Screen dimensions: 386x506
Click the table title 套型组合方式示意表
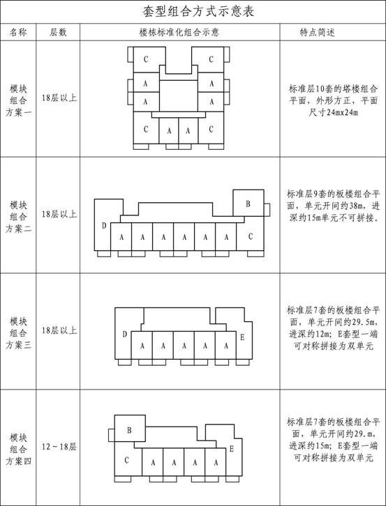[198, 12]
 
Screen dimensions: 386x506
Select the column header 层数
[58, 32]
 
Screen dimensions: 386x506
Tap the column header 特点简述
[317, 32]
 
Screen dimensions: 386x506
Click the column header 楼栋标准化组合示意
[179, 32]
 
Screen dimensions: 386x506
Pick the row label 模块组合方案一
[18, 100]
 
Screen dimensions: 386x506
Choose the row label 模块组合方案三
[18, 332]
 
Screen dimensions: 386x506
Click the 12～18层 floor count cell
[59, 447]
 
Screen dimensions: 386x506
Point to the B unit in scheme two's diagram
[248, 203]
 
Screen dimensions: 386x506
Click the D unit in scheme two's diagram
[103, 225]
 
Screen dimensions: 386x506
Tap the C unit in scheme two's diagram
[250, 236]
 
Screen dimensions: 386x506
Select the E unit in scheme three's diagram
[242, 337]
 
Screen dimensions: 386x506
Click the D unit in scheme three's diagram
[124, 335]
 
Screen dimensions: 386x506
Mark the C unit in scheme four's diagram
[127, 459]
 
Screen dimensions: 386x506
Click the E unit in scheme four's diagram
[232, 449]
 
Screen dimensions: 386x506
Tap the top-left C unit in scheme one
[146, 59]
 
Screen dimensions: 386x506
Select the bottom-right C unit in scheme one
[211, 129]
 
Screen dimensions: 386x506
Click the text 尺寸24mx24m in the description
[334, 113]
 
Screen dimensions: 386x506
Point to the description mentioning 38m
[334, 206]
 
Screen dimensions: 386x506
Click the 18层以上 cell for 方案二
[59, 214]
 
